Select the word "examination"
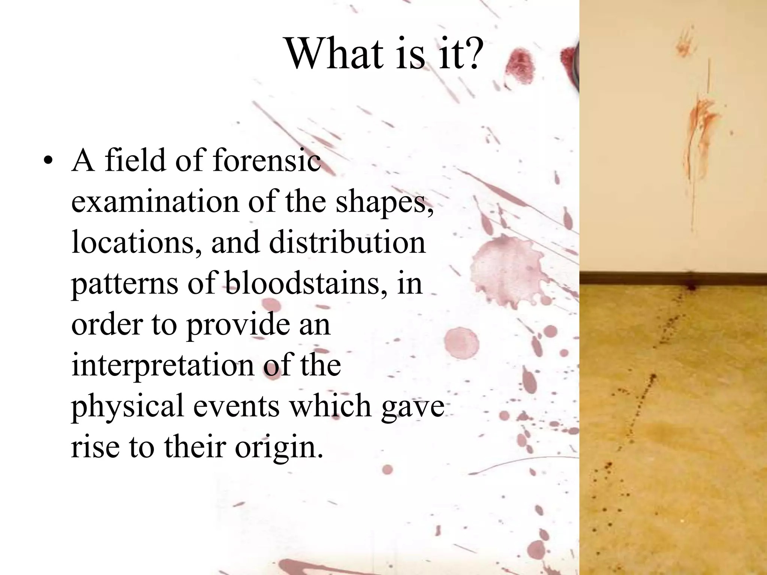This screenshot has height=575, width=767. coord(155,201)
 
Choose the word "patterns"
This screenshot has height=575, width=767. coord(125,283)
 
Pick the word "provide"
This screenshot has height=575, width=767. coord(238,324)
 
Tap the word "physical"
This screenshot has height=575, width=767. coord(127,406)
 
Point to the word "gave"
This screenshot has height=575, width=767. coord(413,407)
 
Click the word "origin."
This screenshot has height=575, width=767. coord(279,447)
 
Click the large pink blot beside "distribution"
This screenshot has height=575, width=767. coord(504,266)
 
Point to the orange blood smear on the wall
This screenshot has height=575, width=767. coord(698,124)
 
